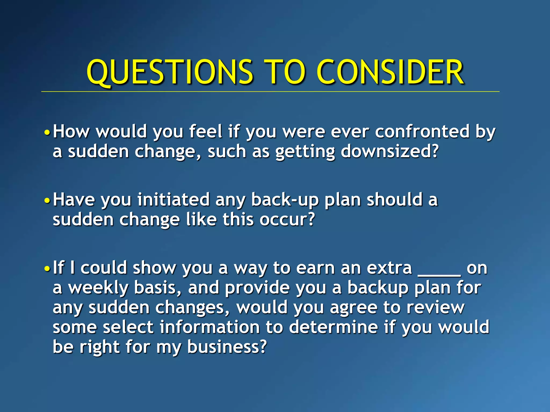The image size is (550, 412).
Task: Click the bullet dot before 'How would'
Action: click(47, 132)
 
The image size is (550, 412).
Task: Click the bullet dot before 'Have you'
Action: click(47, 200)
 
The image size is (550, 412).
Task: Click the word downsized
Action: click(389, 152)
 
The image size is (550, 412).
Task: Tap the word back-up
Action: click(285, 200)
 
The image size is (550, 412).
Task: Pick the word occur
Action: click(287, 220)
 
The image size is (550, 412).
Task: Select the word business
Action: click(227, 347)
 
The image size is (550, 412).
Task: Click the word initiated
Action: click(173, 200)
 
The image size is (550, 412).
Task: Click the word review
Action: click(435, 308)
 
